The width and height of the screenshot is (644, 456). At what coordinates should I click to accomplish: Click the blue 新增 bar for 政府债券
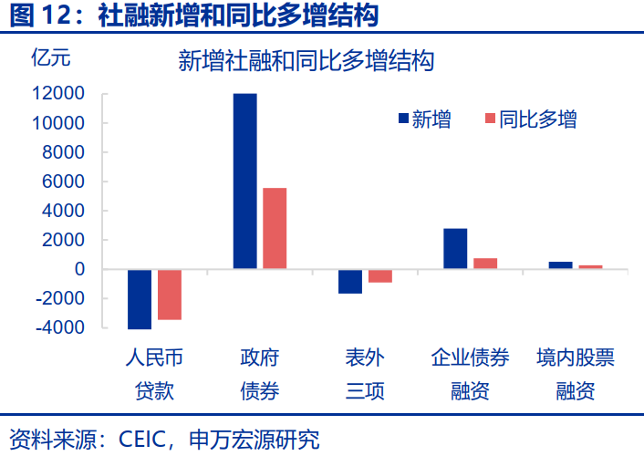245,181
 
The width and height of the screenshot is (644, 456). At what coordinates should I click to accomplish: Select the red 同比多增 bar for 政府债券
275,228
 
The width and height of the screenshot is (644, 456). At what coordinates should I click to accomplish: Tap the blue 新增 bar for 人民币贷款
140,299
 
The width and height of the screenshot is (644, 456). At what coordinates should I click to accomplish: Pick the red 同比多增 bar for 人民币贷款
170,295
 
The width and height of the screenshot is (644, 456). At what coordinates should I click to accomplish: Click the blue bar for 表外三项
350,281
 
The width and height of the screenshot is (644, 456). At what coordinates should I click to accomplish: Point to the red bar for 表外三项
380,275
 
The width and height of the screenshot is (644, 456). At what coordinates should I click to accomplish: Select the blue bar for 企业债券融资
455,249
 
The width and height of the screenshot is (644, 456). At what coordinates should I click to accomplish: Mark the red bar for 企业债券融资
485,264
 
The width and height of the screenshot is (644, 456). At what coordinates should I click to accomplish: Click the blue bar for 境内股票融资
560,265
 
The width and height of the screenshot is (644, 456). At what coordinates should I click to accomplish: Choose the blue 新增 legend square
402,119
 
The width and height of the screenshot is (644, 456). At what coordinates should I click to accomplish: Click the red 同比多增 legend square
489,119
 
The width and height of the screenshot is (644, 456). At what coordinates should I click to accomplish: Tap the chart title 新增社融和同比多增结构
305,61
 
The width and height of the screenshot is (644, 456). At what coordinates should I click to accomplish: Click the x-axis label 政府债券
260,374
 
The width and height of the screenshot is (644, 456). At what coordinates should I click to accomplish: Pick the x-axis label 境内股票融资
576,374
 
